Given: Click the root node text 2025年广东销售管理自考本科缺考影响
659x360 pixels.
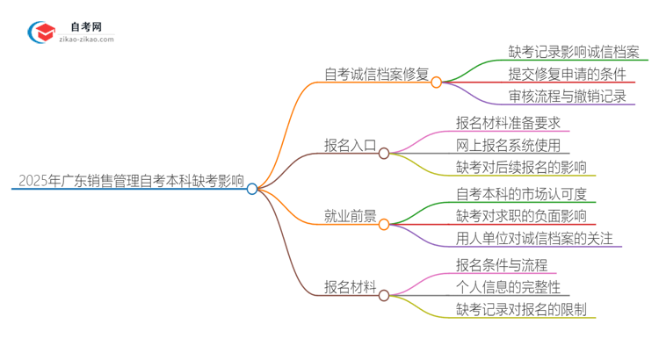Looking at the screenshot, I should click(131, 181).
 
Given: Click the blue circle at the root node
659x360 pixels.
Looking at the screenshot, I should click(252, 189).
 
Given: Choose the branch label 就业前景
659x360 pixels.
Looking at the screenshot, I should click(351, 217).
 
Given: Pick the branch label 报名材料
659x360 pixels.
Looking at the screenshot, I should click(351, 287).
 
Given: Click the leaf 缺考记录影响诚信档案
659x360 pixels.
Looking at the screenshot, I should click(574, 51).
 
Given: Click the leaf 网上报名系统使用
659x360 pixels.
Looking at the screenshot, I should click(508, 145).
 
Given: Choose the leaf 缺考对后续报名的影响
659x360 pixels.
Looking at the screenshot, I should click(521, 167).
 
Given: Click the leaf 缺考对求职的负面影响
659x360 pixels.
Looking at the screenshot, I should click(521, 215).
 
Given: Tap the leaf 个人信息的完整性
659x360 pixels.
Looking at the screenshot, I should click(508, 286).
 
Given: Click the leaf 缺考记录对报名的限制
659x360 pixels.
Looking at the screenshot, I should click(521, 309).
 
